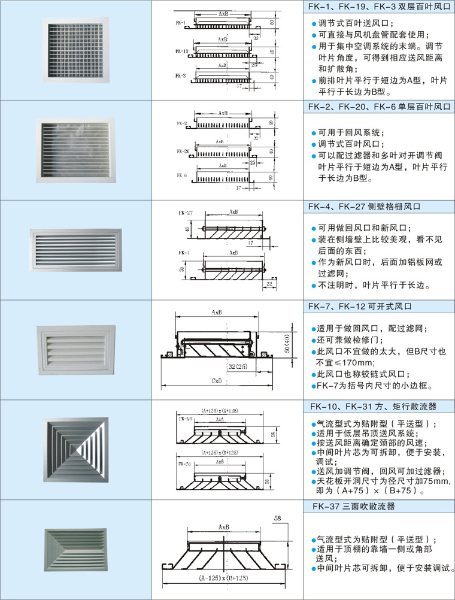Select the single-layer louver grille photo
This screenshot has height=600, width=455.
(x=75, y=150)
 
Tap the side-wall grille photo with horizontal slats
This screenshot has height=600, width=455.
(x=75, y=250)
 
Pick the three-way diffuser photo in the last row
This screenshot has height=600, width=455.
(x=75, y=550)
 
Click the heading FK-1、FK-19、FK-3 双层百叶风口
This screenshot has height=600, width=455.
(x=378, y=8)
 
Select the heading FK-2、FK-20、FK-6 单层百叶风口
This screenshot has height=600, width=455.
(x=378, y=107)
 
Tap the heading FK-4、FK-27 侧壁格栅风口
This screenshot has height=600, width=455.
(x=365, y=207)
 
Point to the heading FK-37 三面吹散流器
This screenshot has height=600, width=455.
(x=354, y=507)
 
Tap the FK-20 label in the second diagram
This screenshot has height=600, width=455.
(x=183, y=151)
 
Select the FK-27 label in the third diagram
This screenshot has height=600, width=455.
(x=185, y=213)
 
